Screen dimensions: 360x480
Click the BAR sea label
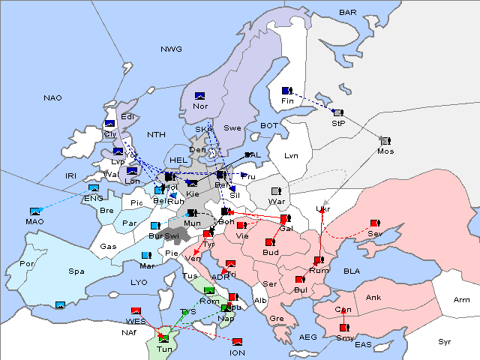[347, 13]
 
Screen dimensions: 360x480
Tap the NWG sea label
[171, 49]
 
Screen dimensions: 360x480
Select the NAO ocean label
[52, 97]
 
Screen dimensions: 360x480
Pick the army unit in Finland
[286, 91]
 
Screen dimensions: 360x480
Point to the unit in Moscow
[385, 140]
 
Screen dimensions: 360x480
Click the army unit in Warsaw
[276, 191]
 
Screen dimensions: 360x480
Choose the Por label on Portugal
[27, 264]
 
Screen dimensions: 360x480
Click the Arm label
[461, 300]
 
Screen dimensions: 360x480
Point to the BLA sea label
[352, 270]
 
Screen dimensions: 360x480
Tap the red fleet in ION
[237, 342]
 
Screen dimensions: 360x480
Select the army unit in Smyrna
[343, 328]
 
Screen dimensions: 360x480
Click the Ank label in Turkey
[373, 298]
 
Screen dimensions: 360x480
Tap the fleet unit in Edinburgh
[109, 123]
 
